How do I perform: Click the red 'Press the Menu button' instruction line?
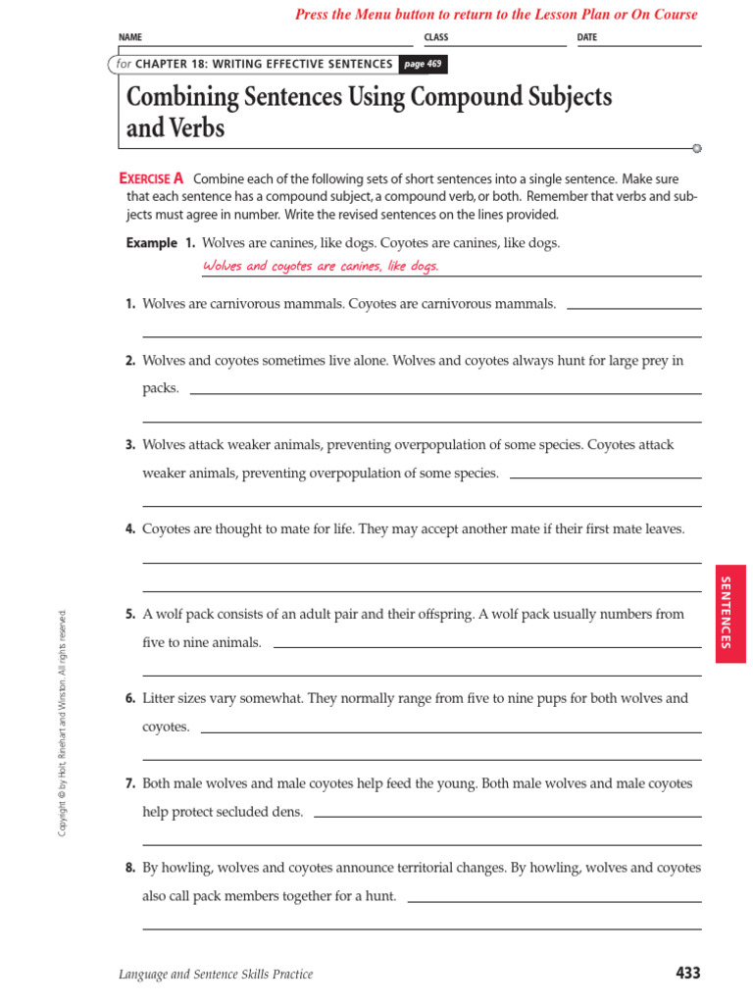(496, 15)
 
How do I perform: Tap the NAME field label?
(130, 37)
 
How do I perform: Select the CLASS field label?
(435, 37)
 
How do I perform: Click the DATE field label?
(586, 37)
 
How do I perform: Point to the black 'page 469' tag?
(424, 64)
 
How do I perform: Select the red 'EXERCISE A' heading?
(151, 178)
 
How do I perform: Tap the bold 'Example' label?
(152, 243)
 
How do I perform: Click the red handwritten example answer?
(321, 266)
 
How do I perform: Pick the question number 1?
(130, 304)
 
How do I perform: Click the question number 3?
(130, 445)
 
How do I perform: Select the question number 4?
(130, 529)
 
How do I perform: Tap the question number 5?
(130, 615)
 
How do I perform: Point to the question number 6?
(130, 699)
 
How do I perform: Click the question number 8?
(130, 868)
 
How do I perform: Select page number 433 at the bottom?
(688, 973)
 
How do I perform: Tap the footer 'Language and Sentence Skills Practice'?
(216, 974)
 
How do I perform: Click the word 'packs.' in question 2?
(161, 388)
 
